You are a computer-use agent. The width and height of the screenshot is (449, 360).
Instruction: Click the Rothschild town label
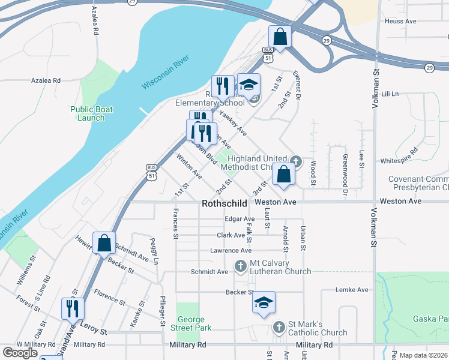pyautogui.click(x=224, y=203)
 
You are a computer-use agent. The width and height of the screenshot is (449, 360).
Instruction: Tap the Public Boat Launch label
pyautogui.click(x=91, y=113)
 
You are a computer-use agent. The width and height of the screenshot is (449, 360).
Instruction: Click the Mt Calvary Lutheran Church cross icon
pyautogui.click(x=241, y=265)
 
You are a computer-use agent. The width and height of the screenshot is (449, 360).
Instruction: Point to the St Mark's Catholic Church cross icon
pyautogui.click(x=279, y=327)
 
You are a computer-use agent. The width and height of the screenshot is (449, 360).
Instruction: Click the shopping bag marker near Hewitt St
pyautogui.click(x=104, y=243)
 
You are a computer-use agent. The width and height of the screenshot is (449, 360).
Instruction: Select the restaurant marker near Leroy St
pyautogui.click(x=73, y=308)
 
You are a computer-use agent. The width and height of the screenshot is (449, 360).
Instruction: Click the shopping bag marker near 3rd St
pyautogui.click(x=283, y=175)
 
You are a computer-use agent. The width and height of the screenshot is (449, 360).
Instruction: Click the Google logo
pyautogui.click(x=20, y=353)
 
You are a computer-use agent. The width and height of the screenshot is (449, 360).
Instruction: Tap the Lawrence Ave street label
pyautogui.click(x=231, y=250)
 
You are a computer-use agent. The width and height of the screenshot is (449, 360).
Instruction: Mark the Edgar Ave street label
pyautogui.click(x=240, y=220)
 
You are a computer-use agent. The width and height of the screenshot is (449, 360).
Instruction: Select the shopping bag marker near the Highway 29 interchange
pyautogui.click(x=280, y=37)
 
